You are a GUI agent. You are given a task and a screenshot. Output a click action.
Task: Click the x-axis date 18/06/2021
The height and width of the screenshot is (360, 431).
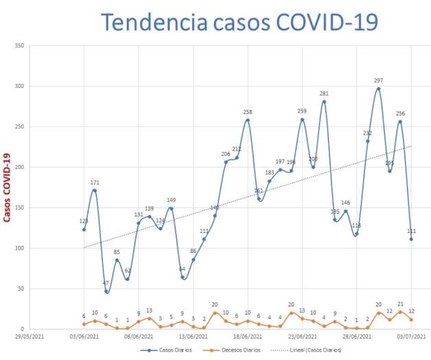click(x=247, y=337)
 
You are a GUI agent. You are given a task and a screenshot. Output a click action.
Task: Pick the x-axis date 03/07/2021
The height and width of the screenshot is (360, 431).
click(x=411, y=337)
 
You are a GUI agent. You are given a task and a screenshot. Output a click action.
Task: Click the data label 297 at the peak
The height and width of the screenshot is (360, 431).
click(x=378, y=80)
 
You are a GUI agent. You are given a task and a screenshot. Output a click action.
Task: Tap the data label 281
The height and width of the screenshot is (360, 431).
click(x=324, y=93)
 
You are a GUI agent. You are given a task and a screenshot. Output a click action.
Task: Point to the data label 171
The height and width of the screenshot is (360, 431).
click(x=95, y=182)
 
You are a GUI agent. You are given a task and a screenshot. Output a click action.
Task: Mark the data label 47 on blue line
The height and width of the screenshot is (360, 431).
click(x=106, y=282)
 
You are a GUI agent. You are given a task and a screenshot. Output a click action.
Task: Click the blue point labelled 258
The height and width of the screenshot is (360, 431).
click(x=247, y=120)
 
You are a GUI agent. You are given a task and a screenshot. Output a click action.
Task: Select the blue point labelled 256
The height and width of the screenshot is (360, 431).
click(x=400, y=122)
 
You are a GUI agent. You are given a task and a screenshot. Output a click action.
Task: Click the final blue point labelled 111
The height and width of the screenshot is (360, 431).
click(x=411, y=239)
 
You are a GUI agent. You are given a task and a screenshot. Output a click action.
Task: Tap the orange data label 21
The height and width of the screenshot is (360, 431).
click(x=400, y=304)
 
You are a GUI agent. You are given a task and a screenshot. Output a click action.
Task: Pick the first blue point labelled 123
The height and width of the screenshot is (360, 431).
click(x=84, y=229)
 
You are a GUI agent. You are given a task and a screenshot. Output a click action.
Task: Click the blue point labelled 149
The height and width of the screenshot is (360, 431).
click(x=171, y=208)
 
